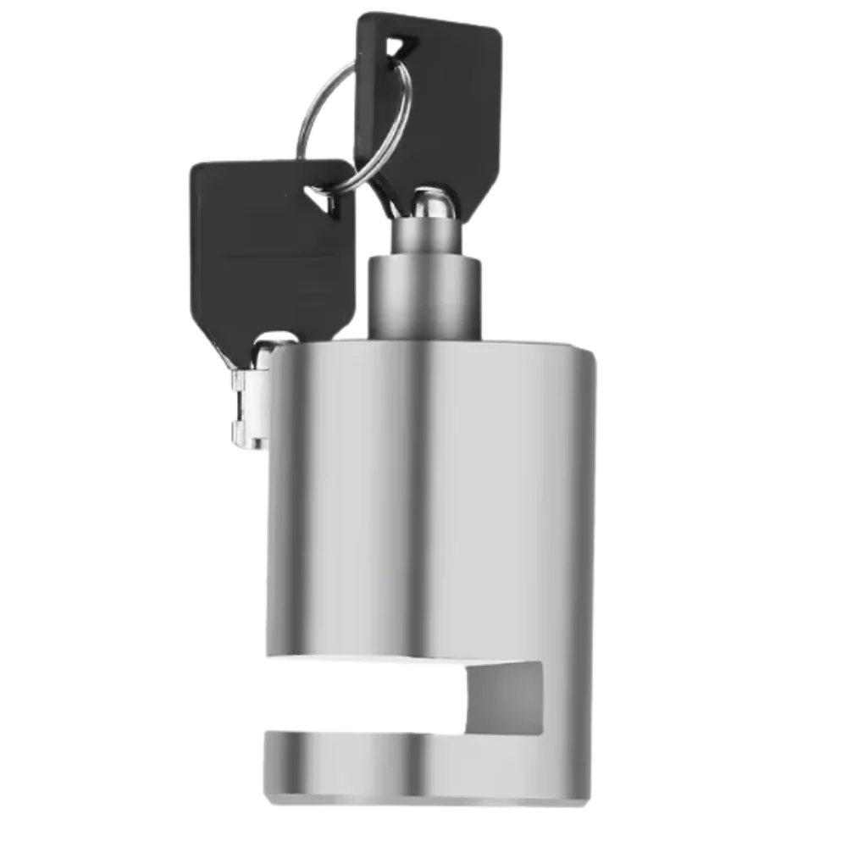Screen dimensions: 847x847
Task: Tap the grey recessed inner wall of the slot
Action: tap(508, 695)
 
